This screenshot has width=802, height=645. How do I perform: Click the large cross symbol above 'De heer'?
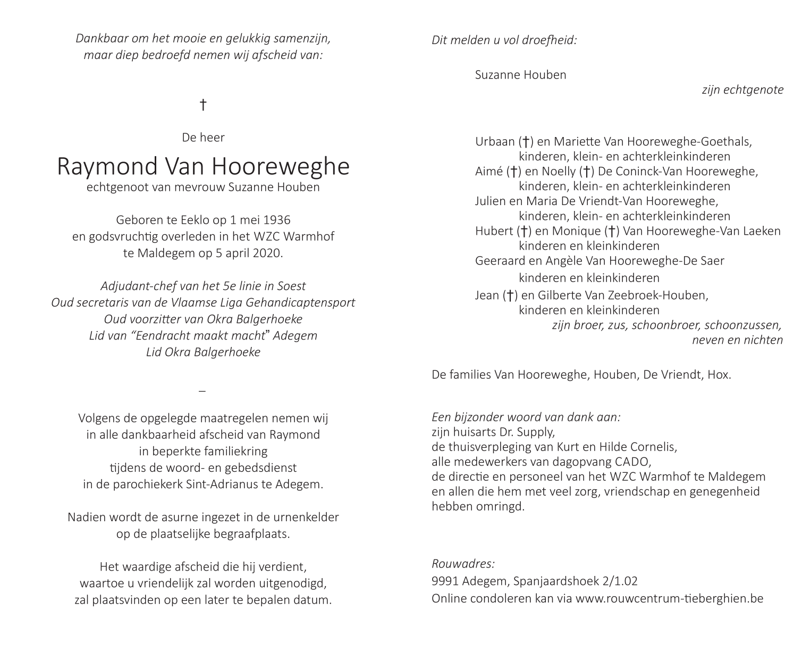tap(202, 105)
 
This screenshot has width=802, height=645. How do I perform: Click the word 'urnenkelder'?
tap(308, 517)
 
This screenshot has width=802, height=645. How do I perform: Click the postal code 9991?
tap(445, 581)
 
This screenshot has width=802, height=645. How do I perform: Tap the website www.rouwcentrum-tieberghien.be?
tap(669, 598)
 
